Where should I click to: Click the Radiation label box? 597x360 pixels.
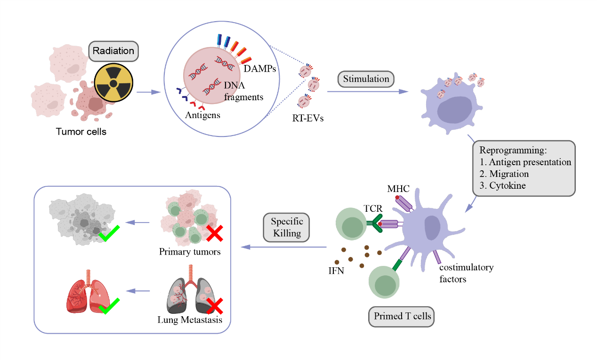click(113, 51)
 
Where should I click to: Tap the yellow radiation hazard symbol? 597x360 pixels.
click(114, 84)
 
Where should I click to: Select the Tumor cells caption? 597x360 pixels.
click(81, 131)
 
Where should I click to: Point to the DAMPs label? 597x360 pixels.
click(259, 69)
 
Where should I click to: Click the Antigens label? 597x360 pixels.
click(202, 114)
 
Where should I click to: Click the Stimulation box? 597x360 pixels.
click(366, 79)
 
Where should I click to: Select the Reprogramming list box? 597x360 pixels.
click(524, 168)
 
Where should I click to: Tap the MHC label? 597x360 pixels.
click(398, 189)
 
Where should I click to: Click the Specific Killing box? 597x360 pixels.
click(287, 228)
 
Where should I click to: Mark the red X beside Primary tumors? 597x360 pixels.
click(214, 233)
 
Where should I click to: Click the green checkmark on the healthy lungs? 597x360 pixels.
click(109, 306)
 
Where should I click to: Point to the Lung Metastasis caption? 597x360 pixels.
click(190, 320)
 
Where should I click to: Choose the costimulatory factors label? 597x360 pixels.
click(466, 273)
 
